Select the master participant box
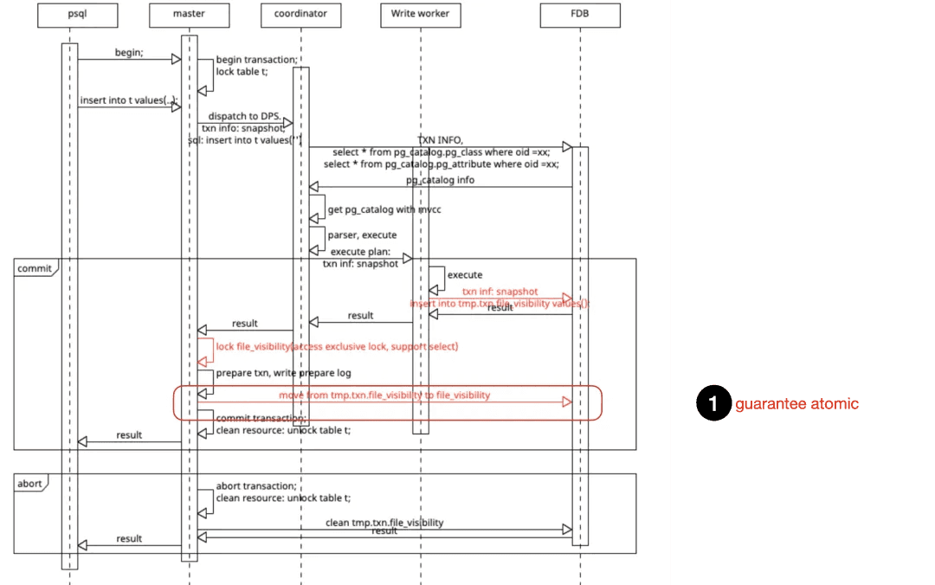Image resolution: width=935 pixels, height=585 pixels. pos(189,14)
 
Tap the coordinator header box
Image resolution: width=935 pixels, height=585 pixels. pos(300,14)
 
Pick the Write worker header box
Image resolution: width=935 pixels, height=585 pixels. pos(420,14)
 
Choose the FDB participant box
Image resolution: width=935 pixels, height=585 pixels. pos(580,14)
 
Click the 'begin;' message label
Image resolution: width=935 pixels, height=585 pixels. pos(129,53)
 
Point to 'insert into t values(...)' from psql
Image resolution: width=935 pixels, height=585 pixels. pos(128,100)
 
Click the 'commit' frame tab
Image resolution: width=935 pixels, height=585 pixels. pos(34,268)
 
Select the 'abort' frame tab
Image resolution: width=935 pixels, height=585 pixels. pos(29,484)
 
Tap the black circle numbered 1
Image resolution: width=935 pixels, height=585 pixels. pos(713,404)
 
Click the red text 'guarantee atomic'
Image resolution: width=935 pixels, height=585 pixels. pos(796,404)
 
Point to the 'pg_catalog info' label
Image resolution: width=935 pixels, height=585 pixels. pos(440,180)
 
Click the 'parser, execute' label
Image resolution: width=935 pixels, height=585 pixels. pos(362,235)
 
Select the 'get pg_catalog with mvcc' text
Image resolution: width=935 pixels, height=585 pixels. pos(384,209)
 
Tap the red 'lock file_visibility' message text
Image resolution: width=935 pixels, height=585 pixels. pos(337,346)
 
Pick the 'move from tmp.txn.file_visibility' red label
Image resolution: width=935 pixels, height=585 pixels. pos(384,395)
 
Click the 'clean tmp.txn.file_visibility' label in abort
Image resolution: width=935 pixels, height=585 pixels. pos(384,523)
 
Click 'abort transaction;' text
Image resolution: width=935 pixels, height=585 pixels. pos(256,485)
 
